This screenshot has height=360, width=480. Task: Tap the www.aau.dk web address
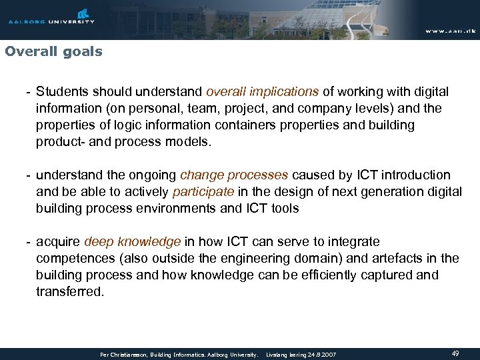pos(449,31)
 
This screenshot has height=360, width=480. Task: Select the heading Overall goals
pos(53,51)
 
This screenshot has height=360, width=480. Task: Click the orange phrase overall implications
pos(263,91)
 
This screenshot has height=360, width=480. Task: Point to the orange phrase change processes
pos(234,175)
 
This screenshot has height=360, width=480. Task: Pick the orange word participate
pos(203,192)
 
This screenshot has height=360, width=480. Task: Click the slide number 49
pos(455,354)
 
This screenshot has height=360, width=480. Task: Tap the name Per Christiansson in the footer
pos(124,355)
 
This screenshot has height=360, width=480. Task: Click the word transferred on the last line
pos(70,291)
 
